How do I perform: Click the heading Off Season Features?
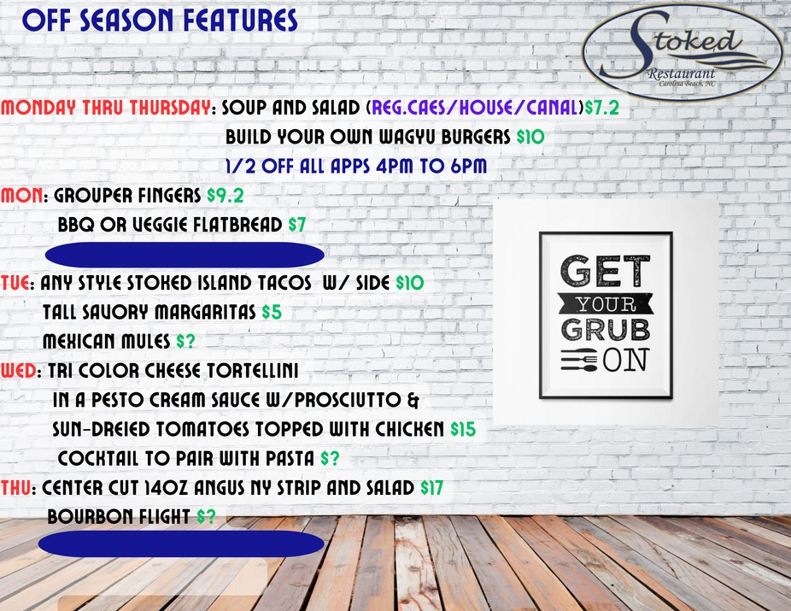coord(161,20)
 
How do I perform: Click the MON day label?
coord(21,196)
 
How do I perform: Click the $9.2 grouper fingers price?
coord(226,196)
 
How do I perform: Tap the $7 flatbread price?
coord(296,225)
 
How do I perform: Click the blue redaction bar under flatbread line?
coord(184,255)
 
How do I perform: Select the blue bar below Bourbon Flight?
coord(184,545)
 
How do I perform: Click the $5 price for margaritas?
coord(272,312)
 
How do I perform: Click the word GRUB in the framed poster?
coord(605,328)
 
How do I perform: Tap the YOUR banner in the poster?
coord(605,302)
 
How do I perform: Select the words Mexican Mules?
coord(108,341)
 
